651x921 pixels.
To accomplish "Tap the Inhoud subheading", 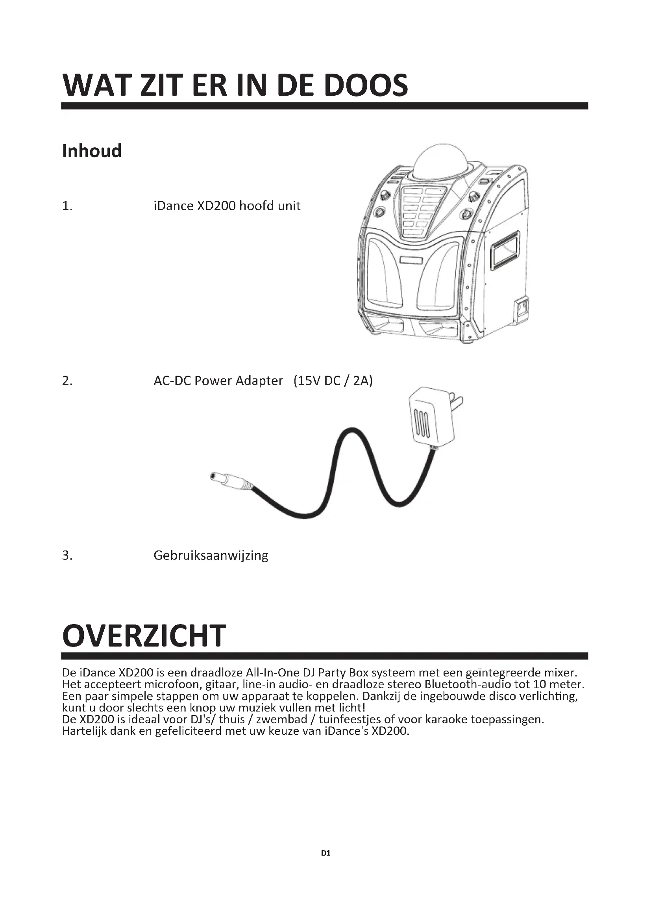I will pos(92,151).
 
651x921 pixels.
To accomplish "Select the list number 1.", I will pos(67,206).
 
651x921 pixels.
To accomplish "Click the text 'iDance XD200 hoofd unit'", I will pos(227,206).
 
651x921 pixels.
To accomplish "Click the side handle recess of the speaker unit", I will pos(505,250).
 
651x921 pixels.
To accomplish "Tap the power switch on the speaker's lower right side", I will pos(522,308).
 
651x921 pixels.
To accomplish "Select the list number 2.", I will pos(67,381).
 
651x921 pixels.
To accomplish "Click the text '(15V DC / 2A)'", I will pos(333,380).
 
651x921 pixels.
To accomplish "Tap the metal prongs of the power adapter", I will pos(457,400).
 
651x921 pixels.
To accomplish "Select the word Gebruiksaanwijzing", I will pos(211,556).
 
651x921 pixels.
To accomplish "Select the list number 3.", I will pos(67,556).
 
